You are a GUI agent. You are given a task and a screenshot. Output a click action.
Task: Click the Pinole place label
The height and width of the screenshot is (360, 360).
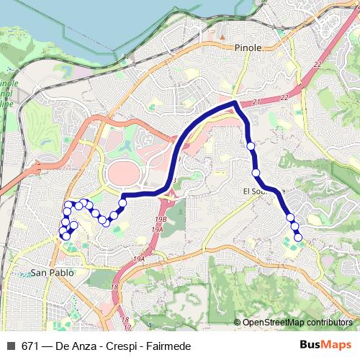point(248,47)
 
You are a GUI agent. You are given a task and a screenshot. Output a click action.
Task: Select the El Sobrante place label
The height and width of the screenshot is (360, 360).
point(264,192)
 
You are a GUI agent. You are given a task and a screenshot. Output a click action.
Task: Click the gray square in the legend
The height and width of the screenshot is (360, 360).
point(11,346)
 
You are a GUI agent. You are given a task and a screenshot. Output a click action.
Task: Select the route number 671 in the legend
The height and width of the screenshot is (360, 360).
point(30,346)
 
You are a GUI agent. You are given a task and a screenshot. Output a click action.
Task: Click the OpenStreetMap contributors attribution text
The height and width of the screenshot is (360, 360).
point(297,322)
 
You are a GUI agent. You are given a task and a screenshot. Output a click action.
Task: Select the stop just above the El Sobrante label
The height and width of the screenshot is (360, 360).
point(256,173)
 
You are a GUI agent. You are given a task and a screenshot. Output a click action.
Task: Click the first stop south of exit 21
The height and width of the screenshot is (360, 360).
point(251,146)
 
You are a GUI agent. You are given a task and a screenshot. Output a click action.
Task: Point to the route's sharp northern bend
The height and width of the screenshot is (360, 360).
point(235,104)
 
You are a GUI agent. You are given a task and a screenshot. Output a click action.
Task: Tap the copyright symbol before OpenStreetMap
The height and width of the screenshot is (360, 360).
point(237,322)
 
